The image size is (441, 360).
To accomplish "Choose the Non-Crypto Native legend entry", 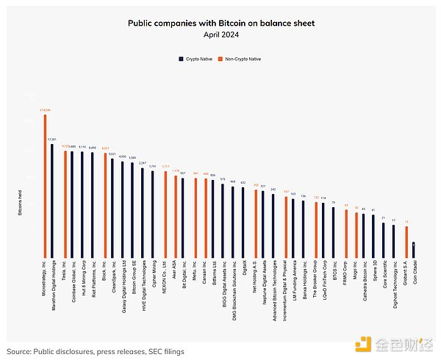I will (244, 58).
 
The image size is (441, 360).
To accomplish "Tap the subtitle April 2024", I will (221, 34).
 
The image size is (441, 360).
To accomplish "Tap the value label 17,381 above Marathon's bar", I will (51, 139).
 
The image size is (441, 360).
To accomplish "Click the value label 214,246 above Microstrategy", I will (45, 110).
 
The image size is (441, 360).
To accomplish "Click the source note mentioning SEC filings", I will (94, 331).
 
